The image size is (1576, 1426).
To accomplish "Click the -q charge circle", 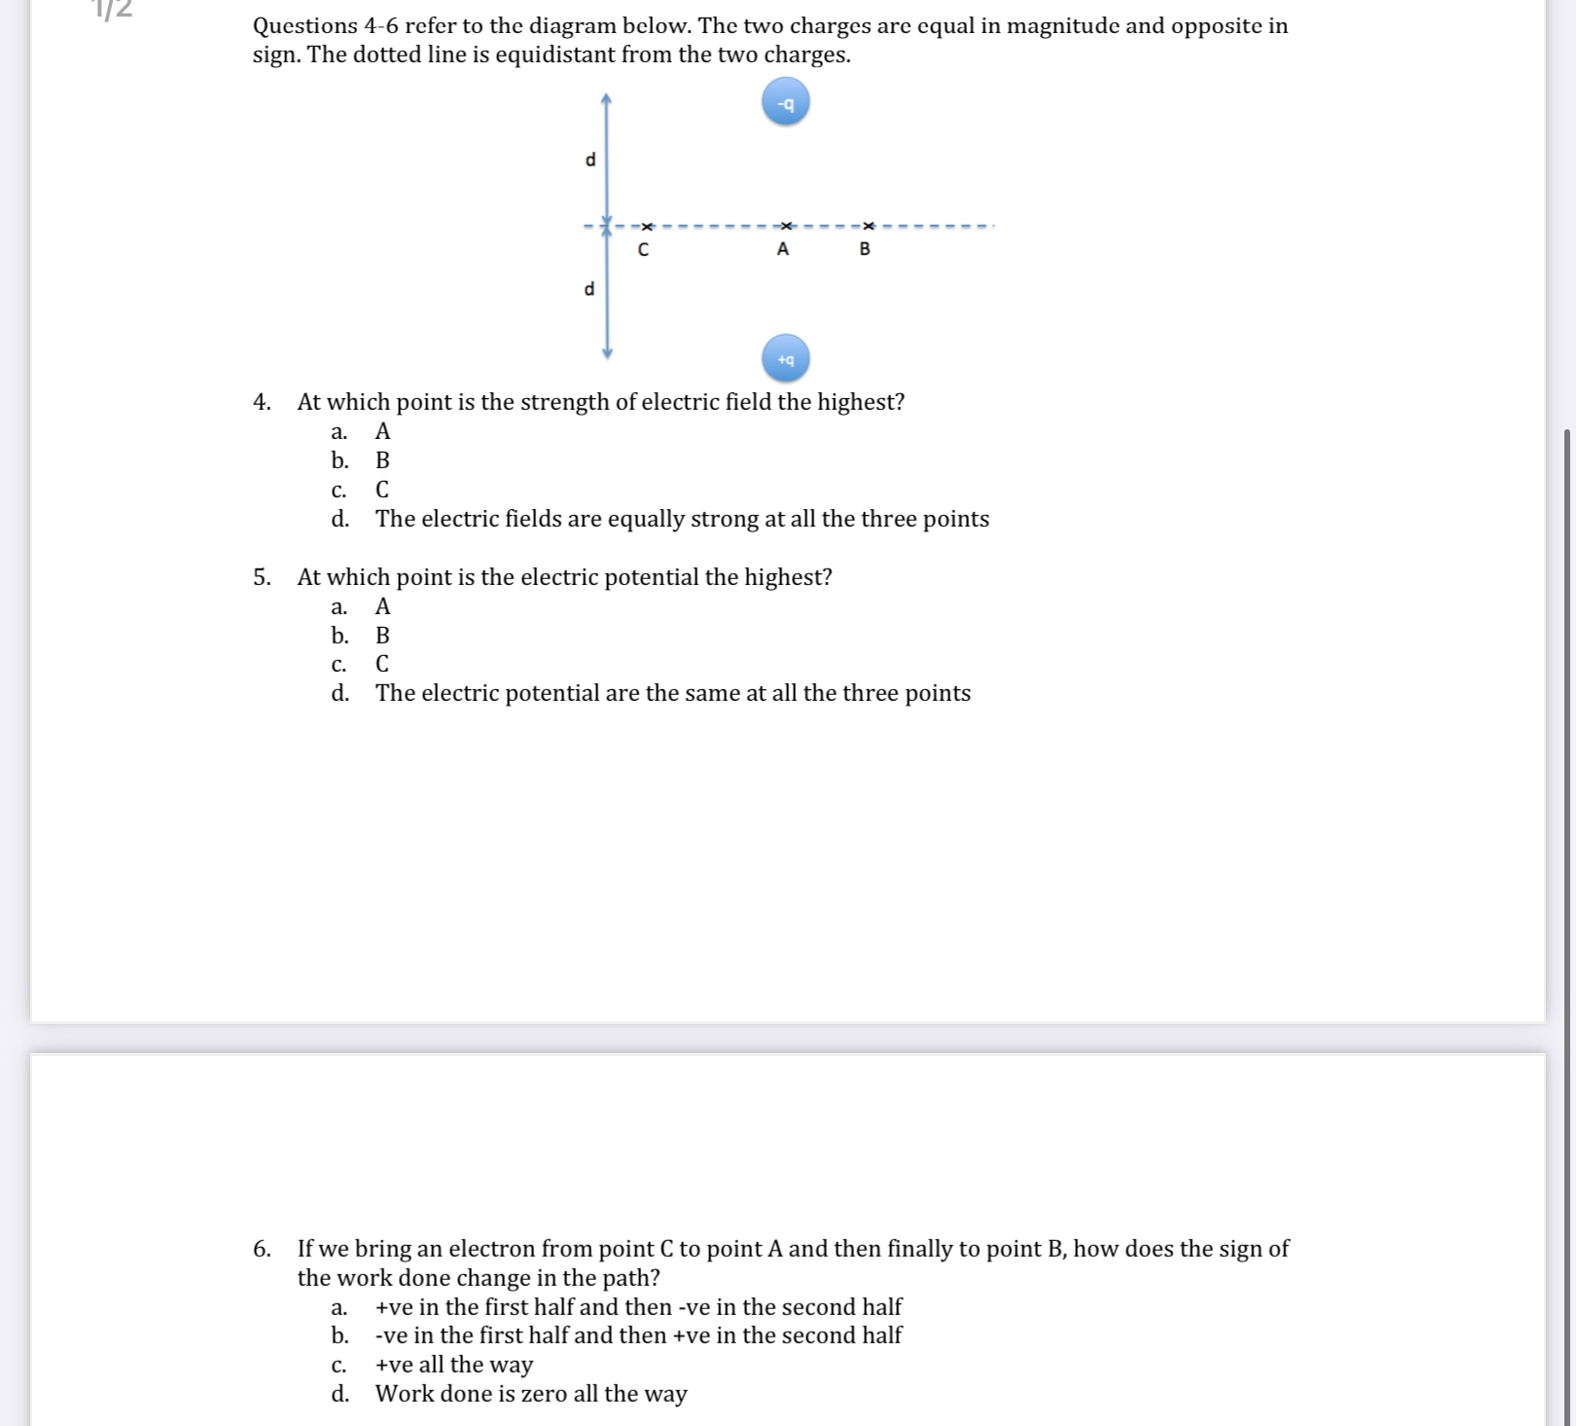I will [785, 103].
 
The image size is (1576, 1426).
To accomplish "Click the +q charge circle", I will [785, 358].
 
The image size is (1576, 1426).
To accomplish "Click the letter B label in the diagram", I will [865, 249].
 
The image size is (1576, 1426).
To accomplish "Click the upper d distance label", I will [590, 160].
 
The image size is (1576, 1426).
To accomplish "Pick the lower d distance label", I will [589, 289].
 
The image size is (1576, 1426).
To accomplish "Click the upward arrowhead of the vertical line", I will [606, 98].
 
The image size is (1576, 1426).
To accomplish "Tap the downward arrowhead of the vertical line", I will [607, 352].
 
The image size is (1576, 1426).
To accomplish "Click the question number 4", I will [261, 402].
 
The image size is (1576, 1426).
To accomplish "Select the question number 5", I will [261, 577].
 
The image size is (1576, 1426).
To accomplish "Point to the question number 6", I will [261, 1249].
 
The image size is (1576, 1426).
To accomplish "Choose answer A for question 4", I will [382, 431].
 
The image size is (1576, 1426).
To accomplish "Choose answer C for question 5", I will [382, 664].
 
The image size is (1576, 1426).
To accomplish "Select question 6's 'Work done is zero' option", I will [530, 1394].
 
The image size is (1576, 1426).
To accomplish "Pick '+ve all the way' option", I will [453, 1365].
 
